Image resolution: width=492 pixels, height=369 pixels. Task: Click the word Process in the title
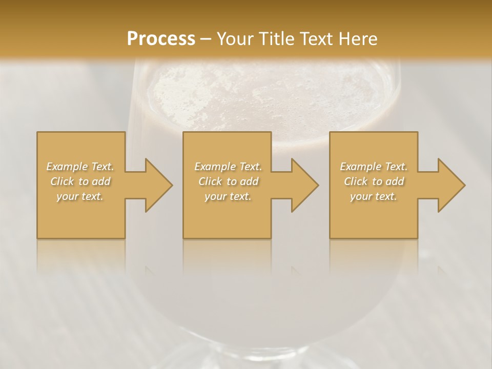161,38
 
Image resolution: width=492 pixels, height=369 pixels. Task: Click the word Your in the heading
236,38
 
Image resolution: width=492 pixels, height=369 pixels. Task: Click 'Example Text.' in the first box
80,167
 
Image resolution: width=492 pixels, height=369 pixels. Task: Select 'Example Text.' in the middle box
228,167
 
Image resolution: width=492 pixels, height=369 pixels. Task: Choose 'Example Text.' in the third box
374,167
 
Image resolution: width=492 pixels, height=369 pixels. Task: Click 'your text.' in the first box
80,196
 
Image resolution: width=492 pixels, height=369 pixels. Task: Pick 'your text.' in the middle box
228,196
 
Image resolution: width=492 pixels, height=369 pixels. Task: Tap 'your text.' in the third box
374,196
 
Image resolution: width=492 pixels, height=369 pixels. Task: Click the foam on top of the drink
266,95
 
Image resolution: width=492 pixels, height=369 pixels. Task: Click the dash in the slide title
206,39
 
